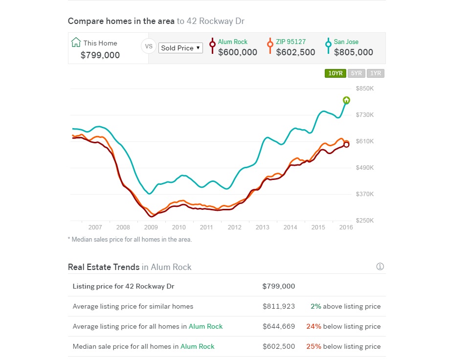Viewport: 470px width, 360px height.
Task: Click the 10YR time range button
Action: click(x=335, y=73)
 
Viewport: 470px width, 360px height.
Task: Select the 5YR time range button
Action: click(x=357, y=73)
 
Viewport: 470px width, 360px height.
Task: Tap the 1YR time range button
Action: click(x=375, y=73)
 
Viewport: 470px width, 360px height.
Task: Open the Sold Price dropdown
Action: click(x=180, y=48)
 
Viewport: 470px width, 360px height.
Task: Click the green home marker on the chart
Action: click(x=346, y=100)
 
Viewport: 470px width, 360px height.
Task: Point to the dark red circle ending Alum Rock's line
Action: click(x=346, y=145)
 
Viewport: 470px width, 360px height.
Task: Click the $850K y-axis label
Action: click(x=365, y=89)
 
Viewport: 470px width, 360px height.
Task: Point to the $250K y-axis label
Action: click(x=365, y=220)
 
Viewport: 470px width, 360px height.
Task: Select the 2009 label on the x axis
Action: click(x=151, y=227)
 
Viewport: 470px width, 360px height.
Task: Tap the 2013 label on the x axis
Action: click(x=262, y=227)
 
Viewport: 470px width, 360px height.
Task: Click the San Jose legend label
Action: click(x=346, y=42)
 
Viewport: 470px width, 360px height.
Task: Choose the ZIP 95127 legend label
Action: click(x=291, y=42)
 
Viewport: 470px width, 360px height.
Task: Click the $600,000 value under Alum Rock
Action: click(x=237, y=52)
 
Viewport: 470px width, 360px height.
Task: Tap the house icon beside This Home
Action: click(x=76, y=42)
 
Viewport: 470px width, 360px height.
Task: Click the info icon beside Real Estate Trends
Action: click(x=380, y=267)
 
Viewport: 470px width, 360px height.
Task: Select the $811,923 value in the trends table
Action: click(x=279, y=306)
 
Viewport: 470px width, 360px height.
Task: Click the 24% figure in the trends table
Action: click(x=313, y=326)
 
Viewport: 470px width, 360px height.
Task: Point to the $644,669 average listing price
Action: click(x=279, y=326)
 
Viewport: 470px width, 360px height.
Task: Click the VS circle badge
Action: click(x=149, y=46)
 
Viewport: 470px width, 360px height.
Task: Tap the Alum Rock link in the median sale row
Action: click(x=197, y=346)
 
